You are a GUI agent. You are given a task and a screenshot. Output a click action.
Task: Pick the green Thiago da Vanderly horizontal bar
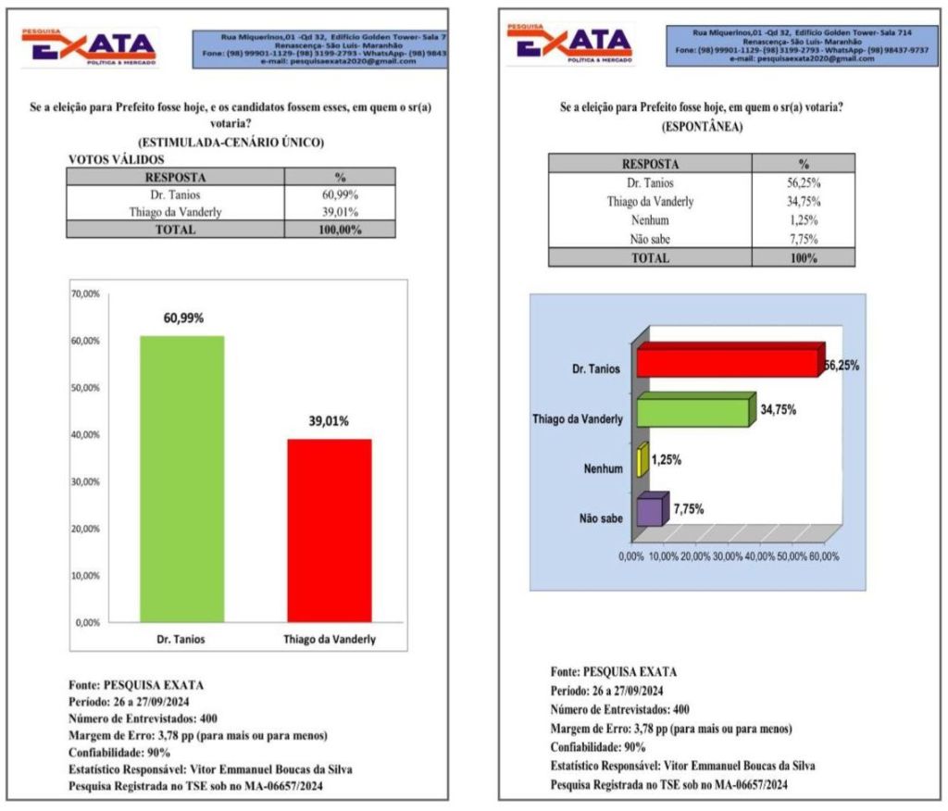[x=692, y=410]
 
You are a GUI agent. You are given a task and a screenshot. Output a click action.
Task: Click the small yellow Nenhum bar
[x=642, y=460]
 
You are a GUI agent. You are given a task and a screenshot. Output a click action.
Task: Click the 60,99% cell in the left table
[x=339, y=195]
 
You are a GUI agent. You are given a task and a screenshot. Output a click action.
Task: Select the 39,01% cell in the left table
[x=339, y=212]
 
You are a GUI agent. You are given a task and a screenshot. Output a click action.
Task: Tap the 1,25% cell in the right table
[x=803, y=220]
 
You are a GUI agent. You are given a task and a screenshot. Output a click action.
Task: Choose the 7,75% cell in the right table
[x=803, y=239]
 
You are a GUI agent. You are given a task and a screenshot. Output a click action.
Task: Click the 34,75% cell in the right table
[x=803, y=201]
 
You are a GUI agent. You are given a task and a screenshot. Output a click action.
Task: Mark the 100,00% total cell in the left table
[x=339, y=230]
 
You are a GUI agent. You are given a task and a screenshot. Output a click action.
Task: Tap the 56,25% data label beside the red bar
[x=841, y=366]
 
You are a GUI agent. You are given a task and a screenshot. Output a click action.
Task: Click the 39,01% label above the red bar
[x=329, y=421]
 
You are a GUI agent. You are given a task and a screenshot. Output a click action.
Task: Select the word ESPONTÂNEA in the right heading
[x=703, y=127]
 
